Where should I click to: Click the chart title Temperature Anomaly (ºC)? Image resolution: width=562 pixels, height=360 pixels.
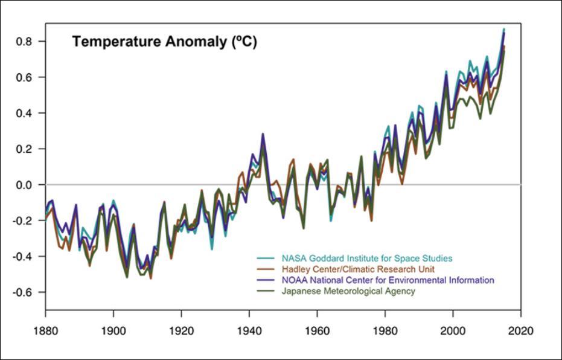click(x=164, y=42)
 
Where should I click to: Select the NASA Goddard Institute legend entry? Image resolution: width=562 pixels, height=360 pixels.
click(x=367, y=259)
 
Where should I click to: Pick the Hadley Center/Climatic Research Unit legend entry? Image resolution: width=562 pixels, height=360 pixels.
click(x=358, y=269)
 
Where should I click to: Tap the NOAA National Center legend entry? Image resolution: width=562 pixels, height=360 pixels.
click(x=388, y=280)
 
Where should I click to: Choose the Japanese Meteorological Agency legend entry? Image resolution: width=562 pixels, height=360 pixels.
click(x=348, y=291)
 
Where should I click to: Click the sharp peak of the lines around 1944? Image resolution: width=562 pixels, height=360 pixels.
click(x=263, y=135)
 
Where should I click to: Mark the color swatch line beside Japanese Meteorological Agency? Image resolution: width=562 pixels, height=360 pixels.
click(x=266, y=291)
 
